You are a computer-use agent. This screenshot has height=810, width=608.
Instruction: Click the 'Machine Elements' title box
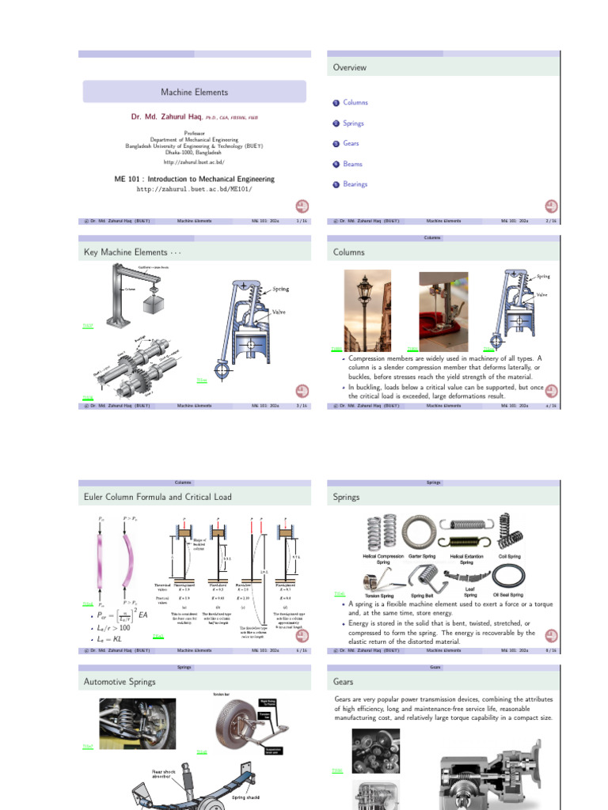194,93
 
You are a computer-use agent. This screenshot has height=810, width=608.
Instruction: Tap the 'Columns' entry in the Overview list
355,103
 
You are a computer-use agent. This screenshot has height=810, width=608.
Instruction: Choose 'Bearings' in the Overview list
355,184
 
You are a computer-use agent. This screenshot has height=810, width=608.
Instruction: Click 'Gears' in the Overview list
351,143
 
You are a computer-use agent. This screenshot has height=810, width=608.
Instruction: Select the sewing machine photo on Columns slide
443,309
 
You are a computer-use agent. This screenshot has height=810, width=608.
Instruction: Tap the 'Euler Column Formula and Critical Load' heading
158,498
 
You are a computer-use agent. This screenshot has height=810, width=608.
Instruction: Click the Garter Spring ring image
421,532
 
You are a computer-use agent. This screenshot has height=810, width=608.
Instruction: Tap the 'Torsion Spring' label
378,595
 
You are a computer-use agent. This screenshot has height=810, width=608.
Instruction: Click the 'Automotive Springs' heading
120,682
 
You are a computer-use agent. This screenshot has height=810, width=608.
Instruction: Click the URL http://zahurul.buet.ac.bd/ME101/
194,190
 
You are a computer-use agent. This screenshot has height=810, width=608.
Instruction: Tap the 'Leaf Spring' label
470,592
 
